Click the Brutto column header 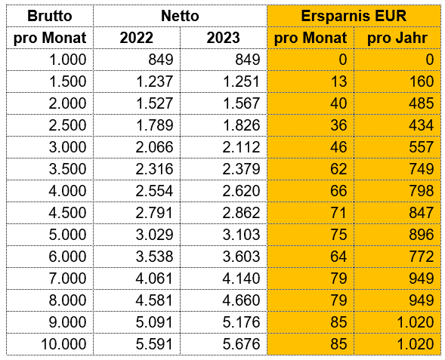point(50,16)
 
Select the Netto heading point(180,16)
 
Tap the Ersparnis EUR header point(354,16)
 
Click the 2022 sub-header point(137,38)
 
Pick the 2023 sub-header point(224,38)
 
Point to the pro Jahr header point(397,38)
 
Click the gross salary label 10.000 point(63,344)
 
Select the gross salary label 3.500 point(67,169)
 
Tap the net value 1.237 point(154,82)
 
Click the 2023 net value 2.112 point(241,147)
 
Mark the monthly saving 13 point(338,82)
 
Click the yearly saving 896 point(421,235)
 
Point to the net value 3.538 point(154,257)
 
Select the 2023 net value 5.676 point(241,344)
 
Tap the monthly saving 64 point(338,257)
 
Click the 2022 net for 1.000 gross point(161,60)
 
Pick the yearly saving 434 point(421,125)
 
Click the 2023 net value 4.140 point(241,278)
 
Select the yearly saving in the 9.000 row point(416,322)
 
